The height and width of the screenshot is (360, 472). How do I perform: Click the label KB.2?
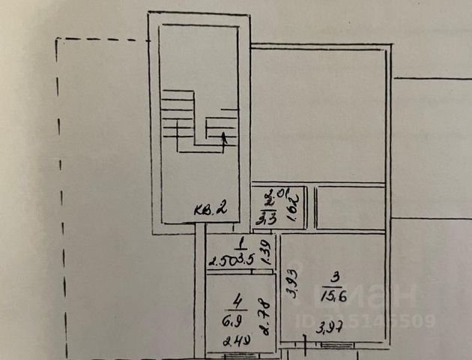pyautogui.click(x=211, y=209)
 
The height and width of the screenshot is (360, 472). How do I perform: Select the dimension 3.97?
pyautogui.click(x=330, y=326)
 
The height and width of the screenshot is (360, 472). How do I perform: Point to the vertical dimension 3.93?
pyautogui.click(x=291, y=285)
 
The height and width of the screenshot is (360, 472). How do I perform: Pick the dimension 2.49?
pyautogui.click(x=236, y=341)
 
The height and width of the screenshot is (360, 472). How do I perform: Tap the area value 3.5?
pyautogui.click(x=248, y=259)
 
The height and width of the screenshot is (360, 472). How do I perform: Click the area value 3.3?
pyautogui.click(x=266, y=218)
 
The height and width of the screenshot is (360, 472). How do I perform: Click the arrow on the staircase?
pyautogui.click(x=223, y=137)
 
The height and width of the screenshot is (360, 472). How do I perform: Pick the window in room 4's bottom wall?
pyautogui.click(x=238, y=353)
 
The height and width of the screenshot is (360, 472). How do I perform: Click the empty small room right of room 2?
pyautogui.click(x=349, y=208)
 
